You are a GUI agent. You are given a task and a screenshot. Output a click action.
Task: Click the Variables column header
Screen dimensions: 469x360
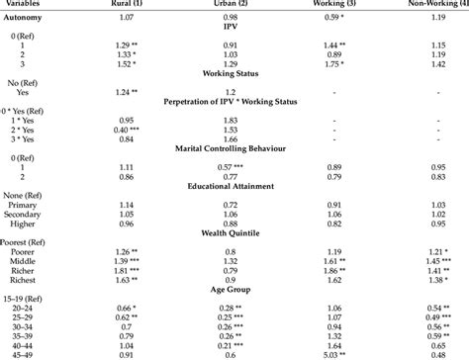coord(23,4)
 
